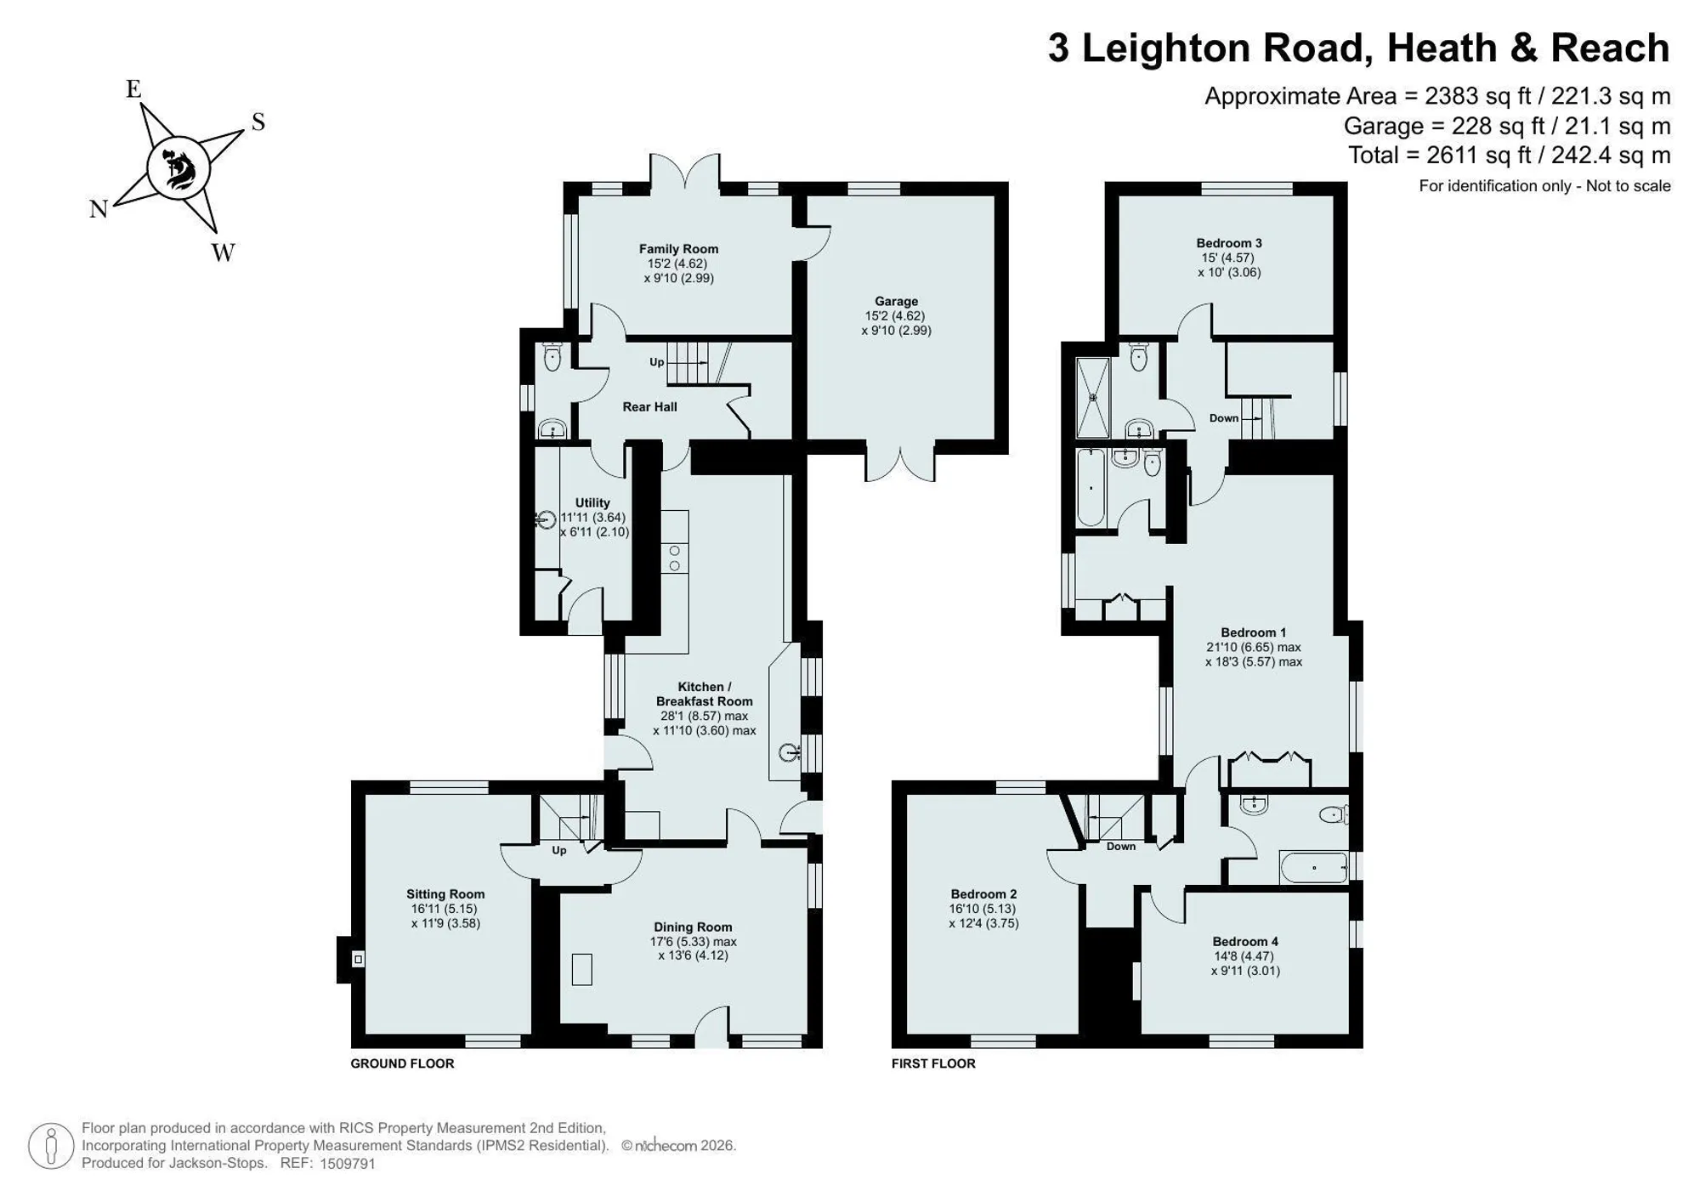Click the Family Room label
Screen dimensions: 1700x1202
(x=678, y=249)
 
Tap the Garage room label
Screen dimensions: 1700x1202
(x=896, y=301)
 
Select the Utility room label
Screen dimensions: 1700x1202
(x=592, y=502)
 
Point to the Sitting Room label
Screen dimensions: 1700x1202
(x=445, y=894)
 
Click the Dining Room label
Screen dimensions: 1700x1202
(x=693, y=927)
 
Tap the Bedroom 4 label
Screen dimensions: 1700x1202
(x=1245, y=942)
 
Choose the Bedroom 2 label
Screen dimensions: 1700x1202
(x=983, y=894)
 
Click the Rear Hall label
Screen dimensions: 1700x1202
(x=649, y=407)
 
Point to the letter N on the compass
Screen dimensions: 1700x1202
(x=99, y=209)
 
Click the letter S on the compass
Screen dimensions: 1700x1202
(x=258, y=122)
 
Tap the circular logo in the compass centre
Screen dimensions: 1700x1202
(x=178, y=168)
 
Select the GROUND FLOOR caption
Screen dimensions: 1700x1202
(x=402, y=1063)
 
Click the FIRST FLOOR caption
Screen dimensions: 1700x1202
(x=933, y=1063)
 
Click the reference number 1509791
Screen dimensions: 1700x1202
(x=347, y=1164)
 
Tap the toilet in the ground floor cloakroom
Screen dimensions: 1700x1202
(x=552, y=357)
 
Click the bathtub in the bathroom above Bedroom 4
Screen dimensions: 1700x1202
(x=1314, y=868)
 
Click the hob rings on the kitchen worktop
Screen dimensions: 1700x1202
(x=675, y=558)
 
